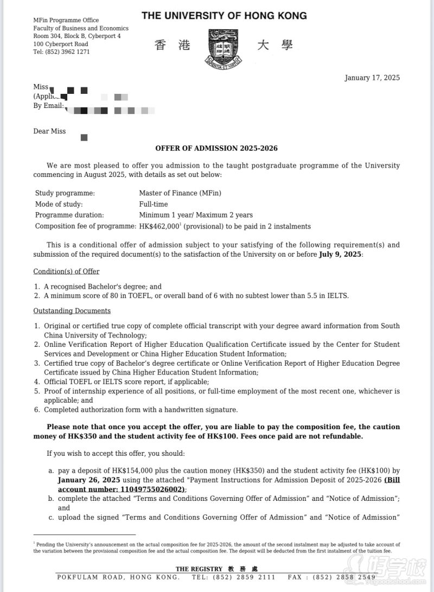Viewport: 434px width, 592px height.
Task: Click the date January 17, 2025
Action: point(372,78)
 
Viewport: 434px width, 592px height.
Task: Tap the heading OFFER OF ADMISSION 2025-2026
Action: point(216,148)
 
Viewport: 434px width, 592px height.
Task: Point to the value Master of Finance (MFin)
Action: point(180,193)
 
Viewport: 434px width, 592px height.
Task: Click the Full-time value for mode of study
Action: point(154,204)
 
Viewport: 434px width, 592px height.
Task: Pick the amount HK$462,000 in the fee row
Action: point(159,226)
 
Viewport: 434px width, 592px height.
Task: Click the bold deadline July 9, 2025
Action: point(339,254)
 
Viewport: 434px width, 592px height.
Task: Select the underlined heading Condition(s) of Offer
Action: point(66,271)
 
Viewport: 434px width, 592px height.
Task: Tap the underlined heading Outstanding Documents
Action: point(72,311)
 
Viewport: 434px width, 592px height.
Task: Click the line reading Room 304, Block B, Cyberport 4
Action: point(77,36)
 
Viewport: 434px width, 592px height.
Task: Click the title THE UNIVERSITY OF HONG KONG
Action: point(224,16)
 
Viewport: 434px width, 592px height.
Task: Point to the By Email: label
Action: point(48,106)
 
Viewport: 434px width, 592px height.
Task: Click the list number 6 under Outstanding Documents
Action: point(36,410)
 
